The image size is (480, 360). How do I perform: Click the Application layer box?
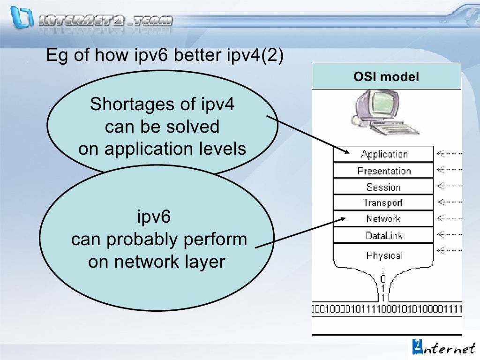point(383,154)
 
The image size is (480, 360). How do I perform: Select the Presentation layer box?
point(383,171)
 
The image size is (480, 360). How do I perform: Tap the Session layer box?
point(383,187)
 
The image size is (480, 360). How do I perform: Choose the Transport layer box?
point(383,203)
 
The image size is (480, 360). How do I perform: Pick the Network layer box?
point(383,219)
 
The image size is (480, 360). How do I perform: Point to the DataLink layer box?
point(383,235)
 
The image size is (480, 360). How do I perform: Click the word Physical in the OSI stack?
point(384,255)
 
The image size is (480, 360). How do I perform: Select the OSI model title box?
point(386,76)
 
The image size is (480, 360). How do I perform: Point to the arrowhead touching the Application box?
point(347,152)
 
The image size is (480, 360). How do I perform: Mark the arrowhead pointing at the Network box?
point(343,218)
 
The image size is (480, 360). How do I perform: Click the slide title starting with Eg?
point(164,55)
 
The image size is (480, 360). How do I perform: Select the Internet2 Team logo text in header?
point(106,21)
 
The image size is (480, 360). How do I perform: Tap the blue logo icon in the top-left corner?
point(21,17)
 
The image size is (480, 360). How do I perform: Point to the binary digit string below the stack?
point(387,309)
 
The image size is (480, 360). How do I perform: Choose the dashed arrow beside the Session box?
point(449,186)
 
